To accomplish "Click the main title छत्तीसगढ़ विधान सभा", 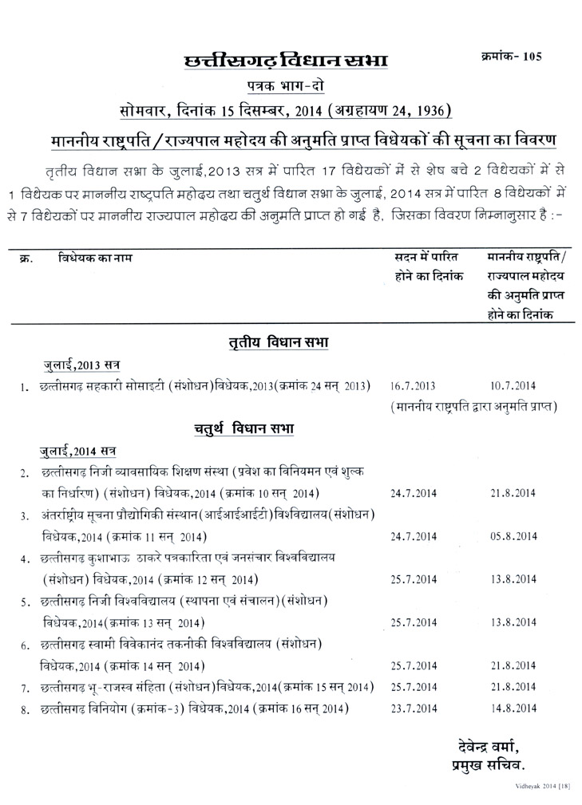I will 286,62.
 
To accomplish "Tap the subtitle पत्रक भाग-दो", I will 285,86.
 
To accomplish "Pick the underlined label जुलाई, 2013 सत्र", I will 81,365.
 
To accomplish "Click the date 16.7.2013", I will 413,386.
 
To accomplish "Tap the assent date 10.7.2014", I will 512,386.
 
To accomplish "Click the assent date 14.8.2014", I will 512,708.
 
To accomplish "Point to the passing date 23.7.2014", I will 413,708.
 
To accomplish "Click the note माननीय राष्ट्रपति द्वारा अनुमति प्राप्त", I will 474,407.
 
